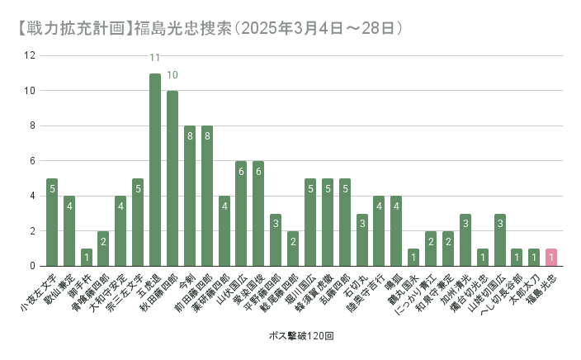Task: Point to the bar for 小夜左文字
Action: [x=52, y=222]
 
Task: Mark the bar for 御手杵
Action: [x=87, y=257]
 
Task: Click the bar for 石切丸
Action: [x=361, y=239]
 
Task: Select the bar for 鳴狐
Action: [x=396, y=230]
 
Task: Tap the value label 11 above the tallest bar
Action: [x=155, y=58]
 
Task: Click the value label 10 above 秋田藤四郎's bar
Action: [x=172, y=75]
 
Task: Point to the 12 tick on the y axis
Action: [x=31, y=56]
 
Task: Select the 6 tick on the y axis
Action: [x=31, y=161]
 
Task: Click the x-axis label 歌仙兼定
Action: [x=59, y=290]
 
